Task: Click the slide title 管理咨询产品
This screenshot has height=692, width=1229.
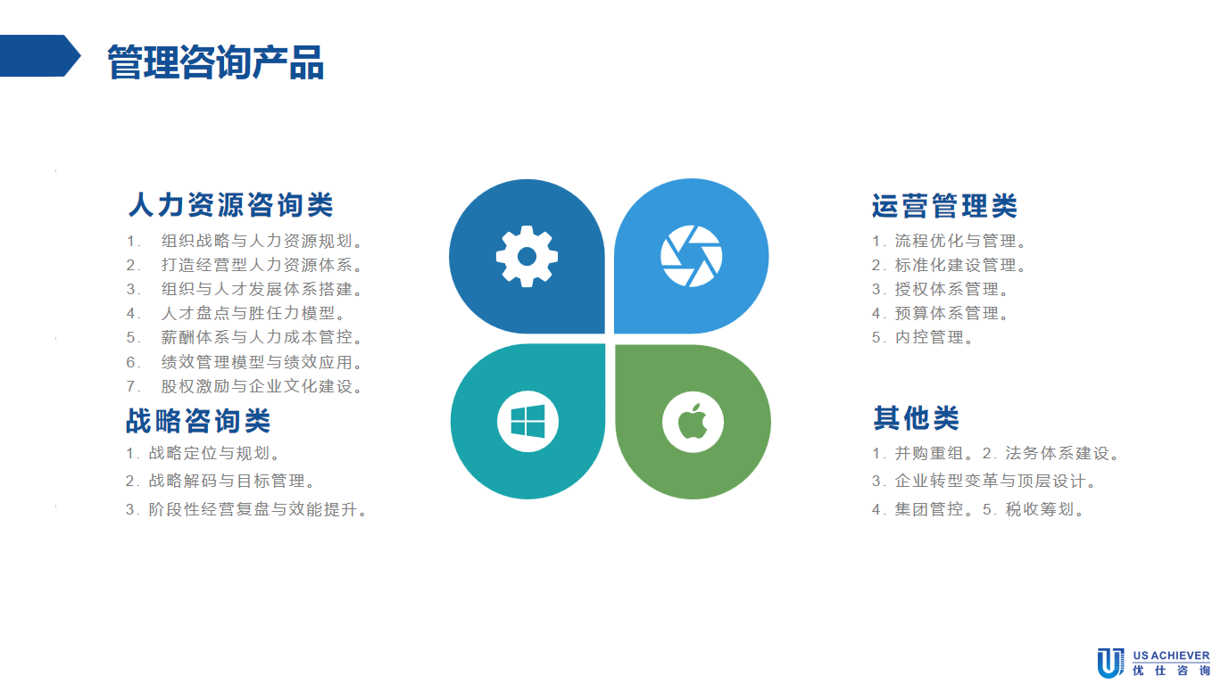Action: pyautogui.click(x=216, y=62)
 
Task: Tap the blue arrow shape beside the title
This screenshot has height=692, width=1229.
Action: pyautogui.click(x=40, y=55)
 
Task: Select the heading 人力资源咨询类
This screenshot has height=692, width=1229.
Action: pyautogui.click(x=231, y=205)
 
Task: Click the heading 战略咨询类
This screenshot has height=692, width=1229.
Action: pyautogui.click(x=198, y=421)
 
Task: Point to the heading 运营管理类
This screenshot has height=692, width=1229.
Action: pyautogui.click(x=944, y=206)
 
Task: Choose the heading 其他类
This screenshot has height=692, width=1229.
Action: pyautogui.click(x=916, y=418)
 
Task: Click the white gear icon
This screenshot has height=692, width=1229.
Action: pyautogui.click(x=527, y=256)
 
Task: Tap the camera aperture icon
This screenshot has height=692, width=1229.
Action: pyautogui.click(x=692, y=256)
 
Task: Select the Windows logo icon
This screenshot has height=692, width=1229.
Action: pyautogui.click(x=527, y=421)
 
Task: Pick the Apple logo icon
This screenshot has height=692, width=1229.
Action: pyautogui.click(x=693, y=422)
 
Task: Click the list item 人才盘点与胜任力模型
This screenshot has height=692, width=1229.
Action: pyautogui.click(x=253, y=313)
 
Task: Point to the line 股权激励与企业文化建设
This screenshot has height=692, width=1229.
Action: pyautogui.click(x=262, y=386)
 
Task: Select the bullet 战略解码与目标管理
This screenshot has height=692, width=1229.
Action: pyautogui.click(x=227, y=481)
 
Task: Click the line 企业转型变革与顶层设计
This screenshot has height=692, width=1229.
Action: pyautogui.click(x=995, y=481)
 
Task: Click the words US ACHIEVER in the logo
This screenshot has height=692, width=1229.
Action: pyautogui.click(x=1171, y=655)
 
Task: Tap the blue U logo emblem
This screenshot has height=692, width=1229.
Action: pyautogui.click(x=1110, y=663)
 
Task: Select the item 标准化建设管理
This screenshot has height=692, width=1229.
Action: pyautogui.click(x=960, y=265)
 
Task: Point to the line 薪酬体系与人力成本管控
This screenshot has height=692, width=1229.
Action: pyautogui.click(x=262, y=337)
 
